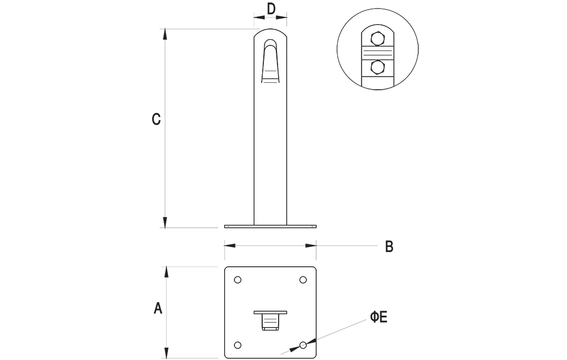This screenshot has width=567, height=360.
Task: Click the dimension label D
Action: coord(271,9)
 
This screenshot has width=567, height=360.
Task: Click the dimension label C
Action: coord(157,120)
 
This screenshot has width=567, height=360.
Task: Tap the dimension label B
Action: coord(389,246)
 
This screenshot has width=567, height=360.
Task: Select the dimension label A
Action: coord(158,308)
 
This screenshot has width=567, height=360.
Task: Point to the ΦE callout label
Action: coord(379,317)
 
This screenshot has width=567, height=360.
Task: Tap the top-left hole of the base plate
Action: coord(238,279)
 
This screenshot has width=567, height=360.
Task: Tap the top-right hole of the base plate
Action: coord(303,279)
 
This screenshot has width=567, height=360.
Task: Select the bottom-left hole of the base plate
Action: coord(238,345)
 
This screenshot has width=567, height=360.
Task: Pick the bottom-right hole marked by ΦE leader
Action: coord(303,345)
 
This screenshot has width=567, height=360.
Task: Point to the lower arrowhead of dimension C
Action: coord(165,223)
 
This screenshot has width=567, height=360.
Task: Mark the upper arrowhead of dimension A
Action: coord(166,272)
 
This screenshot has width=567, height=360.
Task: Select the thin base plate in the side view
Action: coord(270,227)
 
